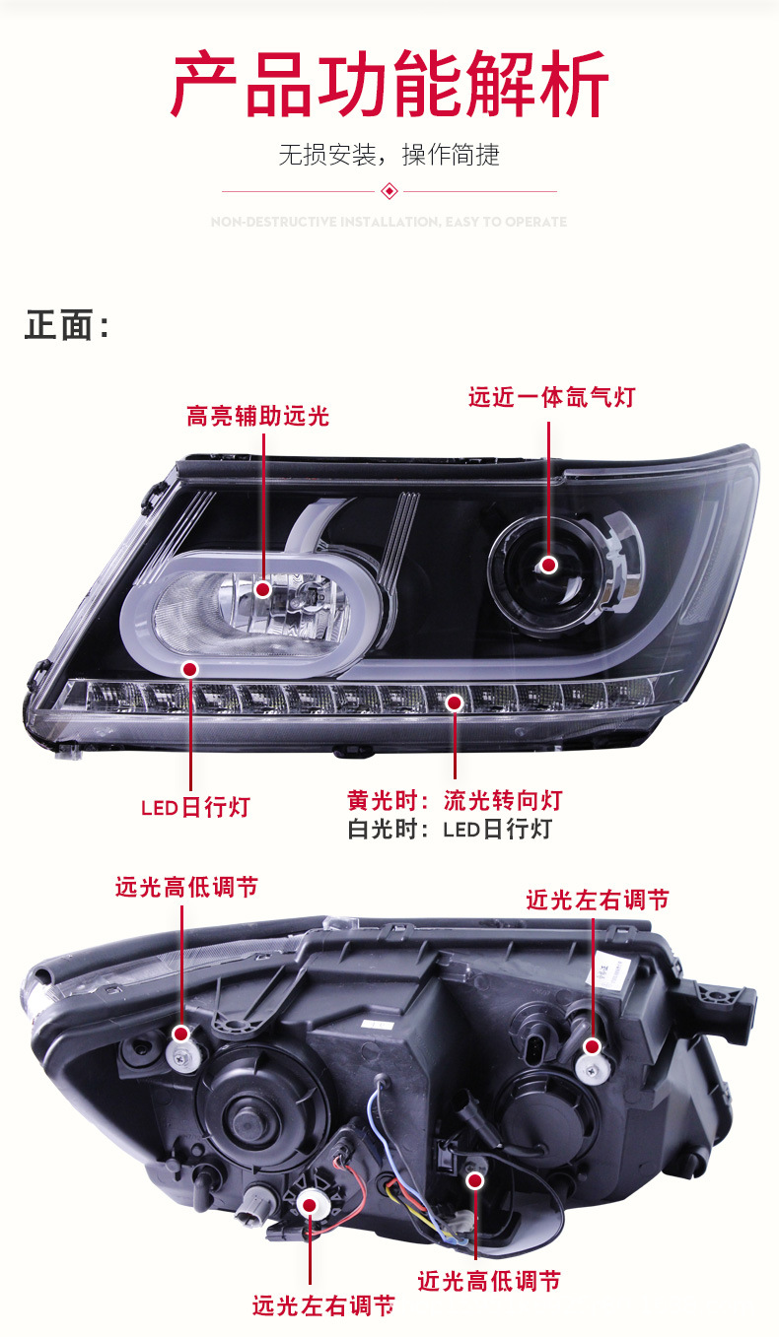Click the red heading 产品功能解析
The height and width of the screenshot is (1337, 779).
389,87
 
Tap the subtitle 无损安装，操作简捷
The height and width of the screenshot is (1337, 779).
389,155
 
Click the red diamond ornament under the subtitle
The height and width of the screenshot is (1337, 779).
389,191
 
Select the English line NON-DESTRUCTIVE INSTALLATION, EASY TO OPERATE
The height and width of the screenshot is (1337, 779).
389,223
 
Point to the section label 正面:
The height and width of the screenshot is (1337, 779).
66,326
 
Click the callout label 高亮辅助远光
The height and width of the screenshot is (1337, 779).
257,417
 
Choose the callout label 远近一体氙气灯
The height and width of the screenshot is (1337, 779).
551,398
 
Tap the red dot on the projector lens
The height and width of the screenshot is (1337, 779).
548,565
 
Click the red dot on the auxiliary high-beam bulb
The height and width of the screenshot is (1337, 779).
262,589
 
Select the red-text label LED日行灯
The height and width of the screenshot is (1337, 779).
195,808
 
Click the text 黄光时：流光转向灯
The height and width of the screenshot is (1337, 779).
455,800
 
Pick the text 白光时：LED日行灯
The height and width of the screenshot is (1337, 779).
450,830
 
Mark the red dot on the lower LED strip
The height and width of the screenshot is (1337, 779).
455,702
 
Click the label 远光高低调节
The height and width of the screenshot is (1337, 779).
186,887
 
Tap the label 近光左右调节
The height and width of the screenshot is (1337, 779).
597,900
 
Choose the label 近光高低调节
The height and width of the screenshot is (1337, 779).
489,1281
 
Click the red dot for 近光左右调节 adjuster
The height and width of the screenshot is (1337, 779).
592,1046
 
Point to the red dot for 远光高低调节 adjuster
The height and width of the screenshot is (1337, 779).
181,1034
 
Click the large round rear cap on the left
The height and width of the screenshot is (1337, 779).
261,1111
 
